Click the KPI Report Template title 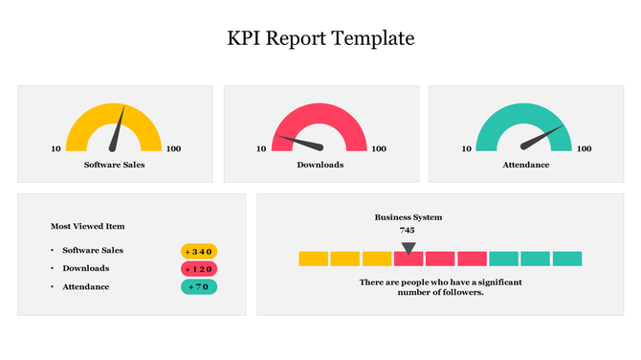coord(320,39)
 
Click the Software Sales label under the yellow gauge coord(115,165)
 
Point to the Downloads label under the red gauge coord(320,165)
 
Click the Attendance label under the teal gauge coord(525,165)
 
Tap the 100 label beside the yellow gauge coord(173,148)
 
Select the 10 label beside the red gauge coord(261,148)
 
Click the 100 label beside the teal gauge coord(584,148)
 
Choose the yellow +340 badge coord(199,251)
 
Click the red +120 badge coord(199,269)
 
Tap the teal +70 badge coord(199,286)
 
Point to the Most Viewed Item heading coord(88,226)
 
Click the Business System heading coord(409,217)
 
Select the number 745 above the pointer coord(408,230)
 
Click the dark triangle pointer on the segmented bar coord(409,248)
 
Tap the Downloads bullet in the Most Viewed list coord(86,268)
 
